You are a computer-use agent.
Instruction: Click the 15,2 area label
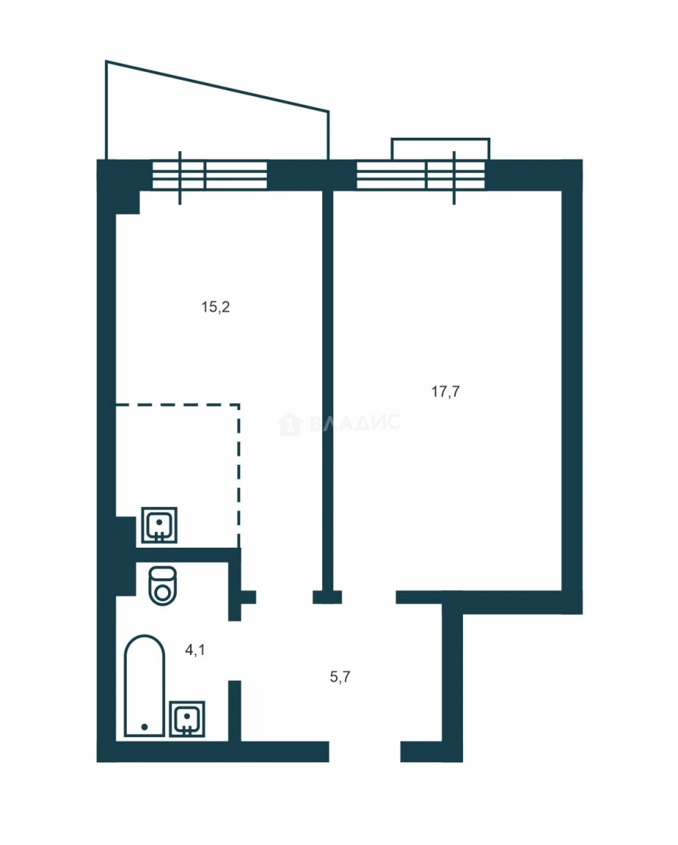pyautogui.click(x=215, y=307)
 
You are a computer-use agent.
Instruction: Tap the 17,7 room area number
pyautogui.click(x=446, y=391)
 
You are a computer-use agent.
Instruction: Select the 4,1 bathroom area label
pyautogui.click(x=195, y=650)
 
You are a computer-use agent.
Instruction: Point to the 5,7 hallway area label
pyautogui.click(x=340, y=676)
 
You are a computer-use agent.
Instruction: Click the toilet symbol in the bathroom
pyautogui.click(x=163, y=585)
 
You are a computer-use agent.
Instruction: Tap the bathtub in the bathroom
pyautogui.click(x=145, y=685)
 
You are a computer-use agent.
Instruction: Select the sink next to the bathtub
pyautogui.click(x=187, y=719)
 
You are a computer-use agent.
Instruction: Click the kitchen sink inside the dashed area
pyautogui.click(x=160, y=525)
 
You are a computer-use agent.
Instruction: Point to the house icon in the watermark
pyautogui.click(x=289, y=424)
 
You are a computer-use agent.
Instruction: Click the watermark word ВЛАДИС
pyautogui.click(x=356, y=422)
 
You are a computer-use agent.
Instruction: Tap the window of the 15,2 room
pyautogui.click(x=210, y=175)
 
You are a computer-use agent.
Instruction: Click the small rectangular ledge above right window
pyautogui.click(x=440, y=149)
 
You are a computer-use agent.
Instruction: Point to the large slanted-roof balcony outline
pyautogui.click(x=217, y=86)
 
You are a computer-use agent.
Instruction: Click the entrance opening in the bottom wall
pyautogui.click(x=364, y=752)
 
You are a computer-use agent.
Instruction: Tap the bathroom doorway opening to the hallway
pyautogui.click(x=235, y=650)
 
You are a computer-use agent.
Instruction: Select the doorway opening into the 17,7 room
pyautogui.click(x=369, y=596)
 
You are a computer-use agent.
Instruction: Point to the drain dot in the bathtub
pyautogui.click(x=145, y=727)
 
